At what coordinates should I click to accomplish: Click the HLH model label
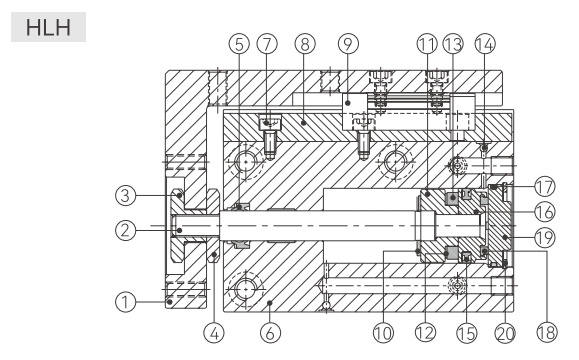(x=48, y=27)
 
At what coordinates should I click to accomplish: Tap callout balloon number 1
(x=126, y=302)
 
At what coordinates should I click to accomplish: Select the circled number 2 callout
(x=126, y=230)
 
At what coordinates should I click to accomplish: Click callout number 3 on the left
(x=126, y=195)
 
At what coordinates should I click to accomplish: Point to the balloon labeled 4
(x=214, y=333)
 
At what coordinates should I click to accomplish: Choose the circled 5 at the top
(x=239, y=44)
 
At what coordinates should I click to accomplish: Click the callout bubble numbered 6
(x=270, y=333)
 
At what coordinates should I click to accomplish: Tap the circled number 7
(x=267, y=44)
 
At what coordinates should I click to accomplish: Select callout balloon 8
(x=305, y=44)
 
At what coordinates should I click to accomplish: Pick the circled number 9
(x=348, y=44)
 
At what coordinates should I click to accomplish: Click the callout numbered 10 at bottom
(x=383, y=333)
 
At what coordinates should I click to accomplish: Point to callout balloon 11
(x=427, y=44)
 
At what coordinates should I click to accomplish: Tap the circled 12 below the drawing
(x=425, y=333)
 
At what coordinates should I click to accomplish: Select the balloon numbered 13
(x=453, y=44)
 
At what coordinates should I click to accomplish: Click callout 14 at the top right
(x=485, y=44)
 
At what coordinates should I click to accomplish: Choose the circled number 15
(x=467, y=333)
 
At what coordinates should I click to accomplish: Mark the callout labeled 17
(x=545, y=187)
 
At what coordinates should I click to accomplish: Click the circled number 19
(x=545, y=237)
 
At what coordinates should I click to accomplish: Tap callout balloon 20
(x=505, y=333)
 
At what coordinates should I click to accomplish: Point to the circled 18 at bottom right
(x=547, y=333)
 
